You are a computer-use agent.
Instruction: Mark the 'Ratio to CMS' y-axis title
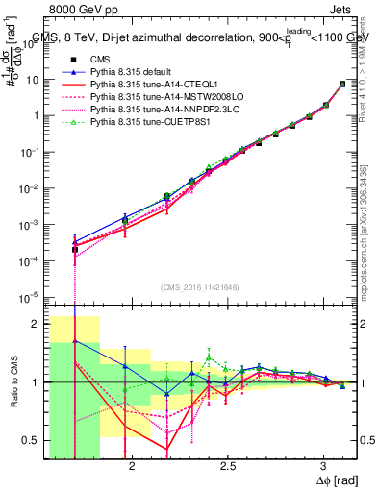click(x=13, y=385)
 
